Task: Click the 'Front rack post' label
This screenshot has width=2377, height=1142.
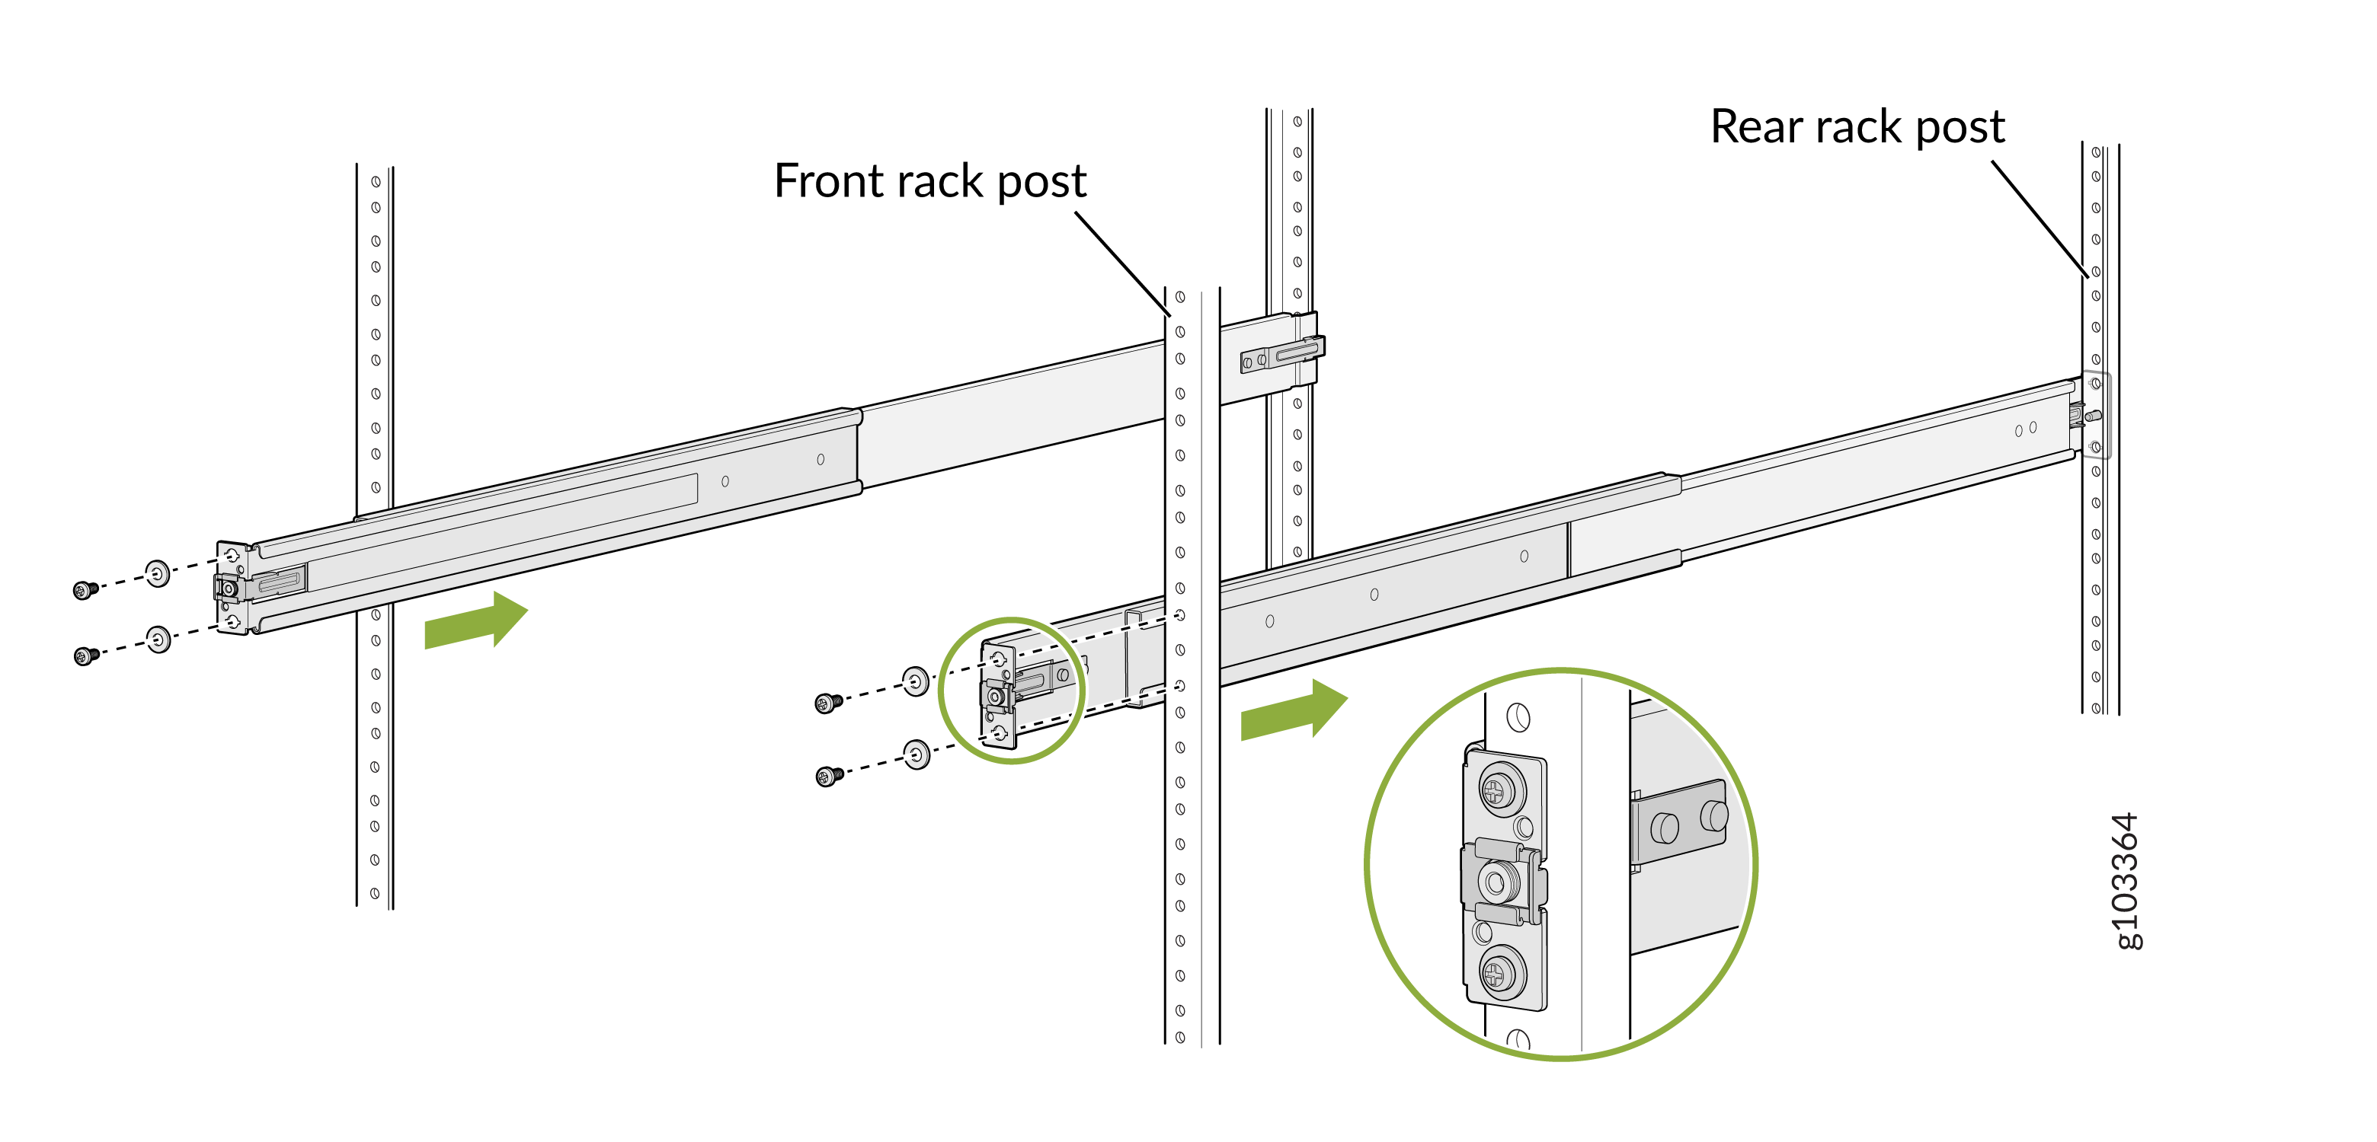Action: coord(929,180)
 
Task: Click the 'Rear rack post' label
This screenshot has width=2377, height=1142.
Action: coord(1857,126)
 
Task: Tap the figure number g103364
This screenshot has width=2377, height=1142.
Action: coord(2125,881)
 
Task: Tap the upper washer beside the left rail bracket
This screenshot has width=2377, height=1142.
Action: coord(158,573)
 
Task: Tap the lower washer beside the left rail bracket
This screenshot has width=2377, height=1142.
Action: coord(158,638)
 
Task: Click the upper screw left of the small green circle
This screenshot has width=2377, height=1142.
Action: coord(827,703)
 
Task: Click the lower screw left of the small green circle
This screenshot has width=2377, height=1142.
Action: coord(829,777)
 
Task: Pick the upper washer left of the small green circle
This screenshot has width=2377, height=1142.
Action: coord(914,681)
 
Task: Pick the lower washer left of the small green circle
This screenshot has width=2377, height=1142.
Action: coord(917,754)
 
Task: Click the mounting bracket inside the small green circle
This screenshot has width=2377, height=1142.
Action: coord(998,696)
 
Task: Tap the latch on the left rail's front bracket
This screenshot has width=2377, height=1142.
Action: coord(228,589)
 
